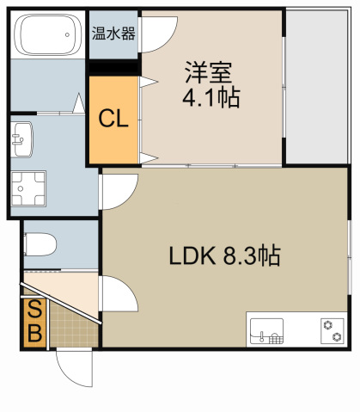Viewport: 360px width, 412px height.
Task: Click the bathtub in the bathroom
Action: click(x=48, y=36)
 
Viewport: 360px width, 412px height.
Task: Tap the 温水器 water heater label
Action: click(x=113, y=34)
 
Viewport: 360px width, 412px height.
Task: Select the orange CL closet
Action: click(x=113, y=120)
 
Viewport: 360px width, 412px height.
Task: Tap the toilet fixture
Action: click(x=40, y=244)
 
